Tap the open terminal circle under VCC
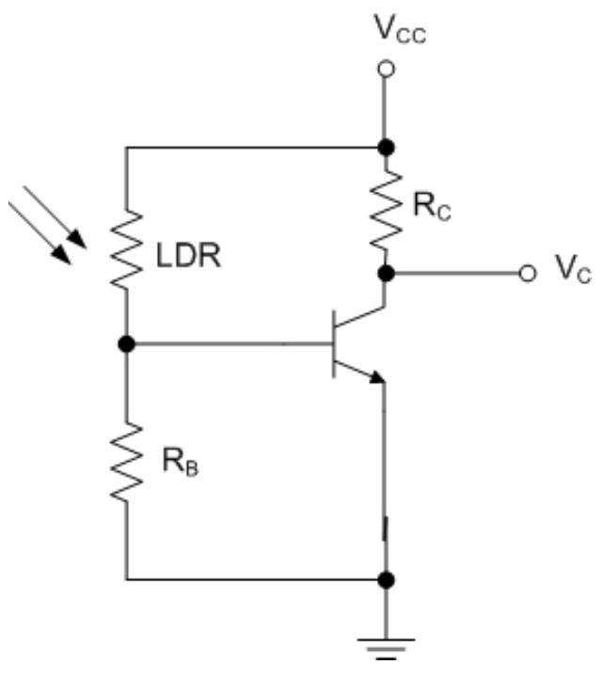[x=384, y=70]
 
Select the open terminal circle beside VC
[x=528, y=274]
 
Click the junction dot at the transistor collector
[x=384, y=274]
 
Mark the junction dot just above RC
[x=384, y=148]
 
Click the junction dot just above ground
[x=384, y=579]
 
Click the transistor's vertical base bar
[x=334, y=345]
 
